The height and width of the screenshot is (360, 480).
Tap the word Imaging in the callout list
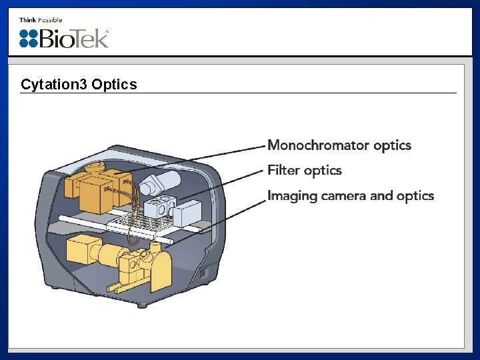tap(292, 196)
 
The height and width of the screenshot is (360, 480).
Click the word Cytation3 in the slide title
tap(54, 85)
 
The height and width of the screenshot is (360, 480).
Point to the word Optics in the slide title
tap(114, 85)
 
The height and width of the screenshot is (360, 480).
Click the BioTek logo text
tap(74, 39)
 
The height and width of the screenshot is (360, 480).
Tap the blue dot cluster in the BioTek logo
tap(29, 39)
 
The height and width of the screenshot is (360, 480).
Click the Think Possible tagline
tap(41, 20)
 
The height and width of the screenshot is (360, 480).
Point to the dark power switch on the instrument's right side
tap(205, 273)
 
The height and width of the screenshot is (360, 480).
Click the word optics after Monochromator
tap(392, 145)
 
